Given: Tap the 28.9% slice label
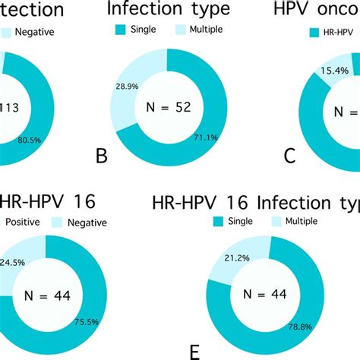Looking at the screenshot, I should point(126,89).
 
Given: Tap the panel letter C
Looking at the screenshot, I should point(289,157).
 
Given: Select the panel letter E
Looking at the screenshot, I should point(194,352).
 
